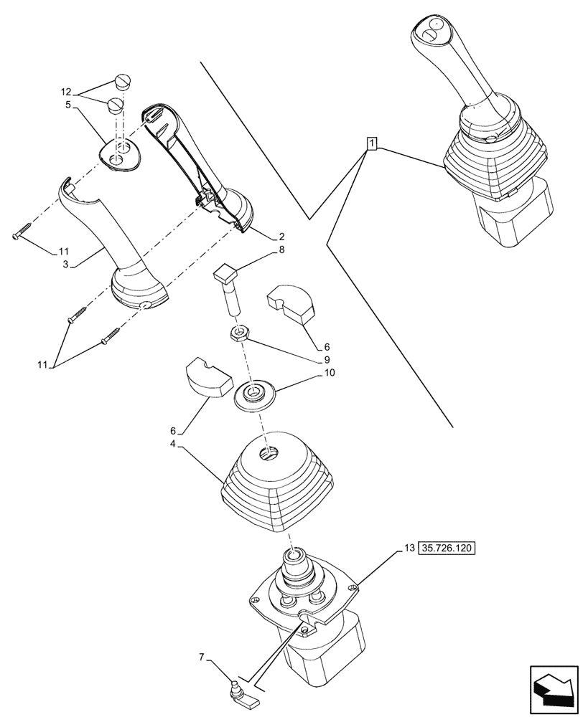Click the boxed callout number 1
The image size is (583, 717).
(x=371, y=143)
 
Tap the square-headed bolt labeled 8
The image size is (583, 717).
(x=229, y=286)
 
